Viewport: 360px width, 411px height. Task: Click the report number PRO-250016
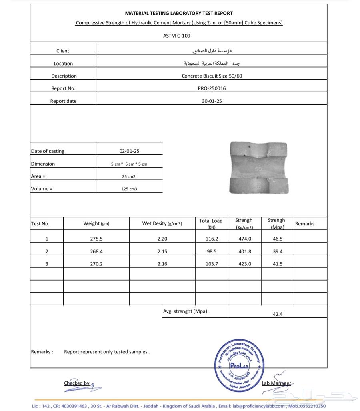tap(212, 88)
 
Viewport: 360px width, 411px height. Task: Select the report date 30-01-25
tap(212, 101)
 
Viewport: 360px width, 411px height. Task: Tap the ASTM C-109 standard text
tap(177, 36)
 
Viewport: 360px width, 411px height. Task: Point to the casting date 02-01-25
tap(129, 151)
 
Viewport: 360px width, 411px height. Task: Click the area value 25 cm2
tap(129, 176)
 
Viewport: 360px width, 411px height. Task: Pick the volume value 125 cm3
tap(129, 189)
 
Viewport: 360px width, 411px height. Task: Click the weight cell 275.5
tap(96, 239)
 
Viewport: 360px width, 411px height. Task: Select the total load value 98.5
tap(211, 251)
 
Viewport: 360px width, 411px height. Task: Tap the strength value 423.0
tap(245, 264)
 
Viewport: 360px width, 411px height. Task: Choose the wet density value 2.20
tap(162, 239)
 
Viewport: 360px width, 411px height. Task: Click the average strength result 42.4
tap(278, 314)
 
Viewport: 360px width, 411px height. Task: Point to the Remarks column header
tap(305, 224)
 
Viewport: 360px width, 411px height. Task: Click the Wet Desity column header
tap(162, 224)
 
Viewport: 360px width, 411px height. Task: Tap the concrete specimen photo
tap(259, 168)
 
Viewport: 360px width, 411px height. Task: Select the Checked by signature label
tap(76, 383)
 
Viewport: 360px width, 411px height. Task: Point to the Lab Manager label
tap(276, 383)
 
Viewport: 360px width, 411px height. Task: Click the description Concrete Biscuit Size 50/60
tap(212, 76)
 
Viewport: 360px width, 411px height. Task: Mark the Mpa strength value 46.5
tap(278, 239)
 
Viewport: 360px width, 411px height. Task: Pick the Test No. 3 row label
tap(47, 264)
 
